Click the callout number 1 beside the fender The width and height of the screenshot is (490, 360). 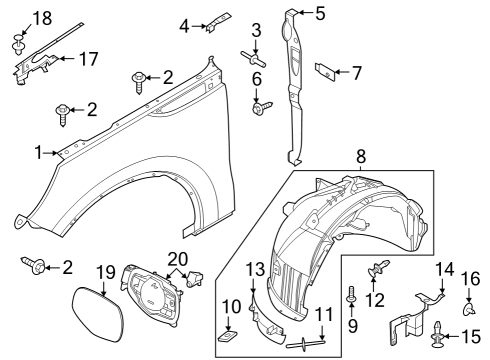pyautogui.click(x=37, y=153)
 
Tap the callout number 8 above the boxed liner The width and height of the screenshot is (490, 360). pyautogui.click(x=362, y=157)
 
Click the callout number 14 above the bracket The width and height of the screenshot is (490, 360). pyautogui.click(x=443, y=266)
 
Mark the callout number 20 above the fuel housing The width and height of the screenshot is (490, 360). pyautogui.click(x=177, y=258)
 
